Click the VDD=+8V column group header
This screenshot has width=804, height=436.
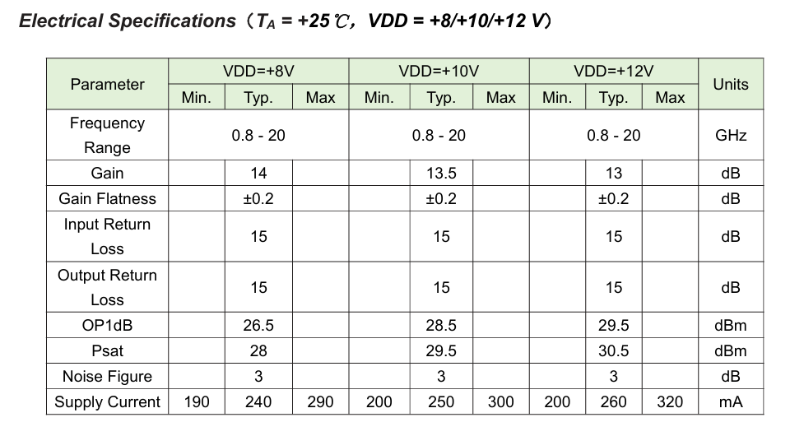click(x=258, y=71)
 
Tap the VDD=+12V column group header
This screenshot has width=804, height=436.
click(x=613, y=71)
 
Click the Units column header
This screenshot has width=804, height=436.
click(x=731, y=84)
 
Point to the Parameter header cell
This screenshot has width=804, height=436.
click(x=107, y=84)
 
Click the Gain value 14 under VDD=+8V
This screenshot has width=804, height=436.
click(x=258, y=173)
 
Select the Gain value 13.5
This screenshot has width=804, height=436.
click(x=441, y=173)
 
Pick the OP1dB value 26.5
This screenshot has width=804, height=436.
click(x=258, y=325)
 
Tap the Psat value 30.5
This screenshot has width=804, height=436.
click(x=613, y=350)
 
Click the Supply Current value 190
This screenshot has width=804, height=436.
click(x=197, y=401)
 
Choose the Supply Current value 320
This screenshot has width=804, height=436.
click(x=670, y=401)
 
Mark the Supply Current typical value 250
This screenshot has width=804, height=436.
click(x=441, y=401)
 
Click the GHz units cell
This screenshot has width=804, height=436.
click(x=731, y=135)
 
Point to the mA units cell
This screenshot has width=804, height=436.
click(x=731, y=401)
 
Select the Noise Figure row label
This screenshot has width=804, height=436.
click(x=107, y=376)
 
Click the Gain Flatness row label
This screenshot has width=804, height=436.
click(x=107, y=198)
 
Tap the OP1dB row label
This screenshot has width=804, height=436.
click(x=107, y=325)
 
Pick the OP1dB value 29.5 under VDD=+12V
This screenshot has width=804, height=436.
click(x=613, y=325)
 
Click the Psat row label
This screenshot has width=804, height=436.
click(x=107, y=350)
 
